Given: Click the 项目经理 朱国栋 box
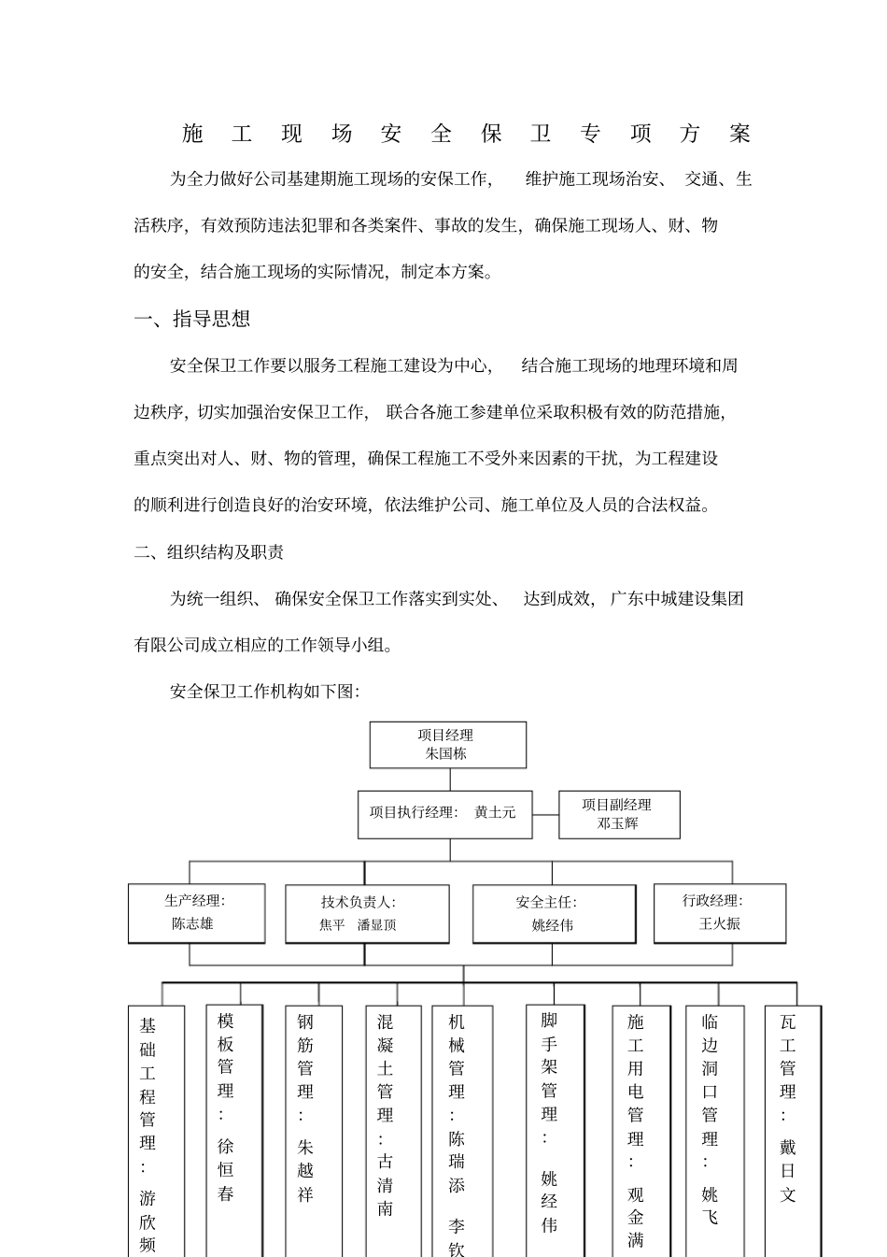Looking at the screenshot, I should coord(447,745).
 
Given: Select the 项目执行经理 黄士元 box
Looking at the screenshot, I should coord(444,813).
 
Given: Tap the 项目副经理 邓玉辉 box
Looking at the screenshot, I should coord(619,814).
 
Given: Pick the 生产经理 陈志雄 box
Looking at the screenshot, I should coord(196,913).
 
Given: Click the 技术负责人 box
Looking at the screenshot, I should coord(366,914).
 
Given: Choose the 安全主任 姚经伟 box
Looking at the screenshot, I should coord(554,914).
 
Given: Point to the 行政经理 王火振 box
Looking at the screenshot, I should coord(719,913).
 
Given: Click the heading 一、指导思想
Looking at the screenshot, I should coord(193,320).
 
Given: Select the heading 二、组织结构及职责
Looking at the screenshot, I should coord(209,552).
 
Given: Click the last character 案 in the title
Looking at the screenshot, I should coord(741,135).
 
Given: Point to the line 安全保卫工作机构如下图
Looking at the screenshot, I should coord(265,692).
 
